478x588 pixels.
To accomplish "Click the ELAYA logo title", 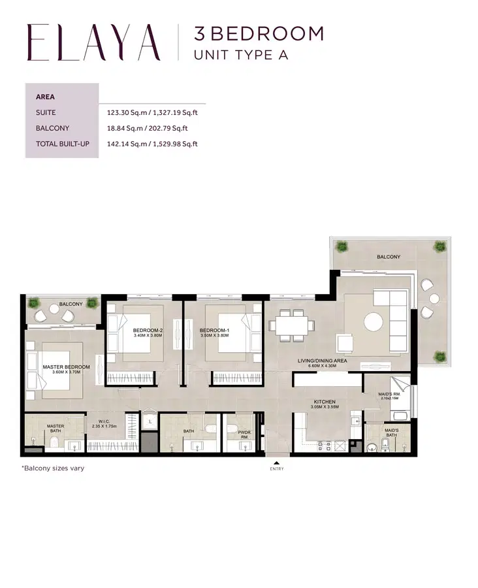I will point(93,42).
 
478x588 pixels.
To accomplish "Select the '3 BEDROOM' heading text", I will point(259,33).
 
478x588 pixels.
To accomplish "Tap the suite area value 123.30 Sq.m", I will point(152,112).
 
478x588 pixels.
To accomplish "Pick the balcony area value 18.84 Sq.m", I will point(147,128).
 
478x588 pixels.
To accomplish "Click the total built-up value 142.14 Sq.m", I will point(152,144).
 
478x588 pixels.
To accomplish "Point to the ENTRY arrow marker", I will point(276,464).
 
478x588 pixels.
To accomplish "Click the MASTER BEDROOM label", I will point(66,367).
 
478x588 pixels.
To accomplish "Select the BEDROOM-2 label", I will point(148,331).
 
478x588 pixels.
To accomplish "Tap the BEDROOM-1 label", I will point(215,331).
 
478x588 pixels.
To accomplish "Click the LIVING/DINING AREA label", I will point(322,361).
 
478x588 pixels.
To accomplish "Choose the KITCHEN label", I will point(324,402).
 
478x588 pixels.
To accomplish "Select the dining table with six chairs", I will point(293,325).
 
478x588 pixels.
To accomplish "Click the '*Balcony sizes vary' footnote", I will point(52,468).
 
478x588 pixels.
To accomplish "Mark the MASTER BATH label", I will point(55,429).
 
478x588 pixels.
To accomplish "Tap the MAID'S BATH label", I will point(392,432).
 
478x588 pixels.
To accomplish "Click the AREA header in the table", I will point(45,97).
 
